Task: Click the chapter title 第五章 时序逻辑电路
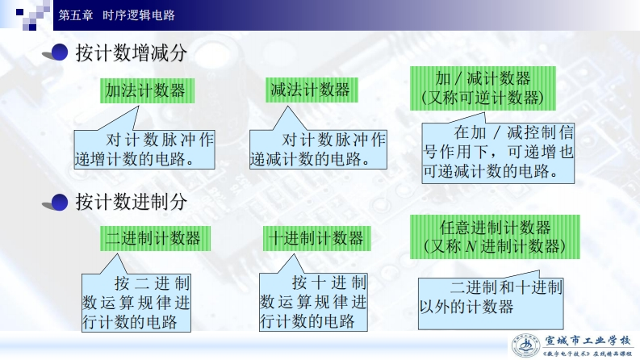[117, 15]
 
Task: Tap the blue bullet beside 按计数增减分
[58, 53]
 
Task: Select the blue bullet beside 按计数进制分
[58, 201]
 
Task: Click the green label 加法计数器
[145, 90]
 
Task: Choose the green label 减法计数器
[310, 90]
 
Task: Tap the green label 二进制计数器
[152, 238]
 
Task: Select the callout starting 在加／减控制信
[498, 151]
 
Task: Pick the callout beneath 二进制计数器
[136, 303]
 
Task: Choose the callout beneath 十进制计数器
[314, 303]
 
